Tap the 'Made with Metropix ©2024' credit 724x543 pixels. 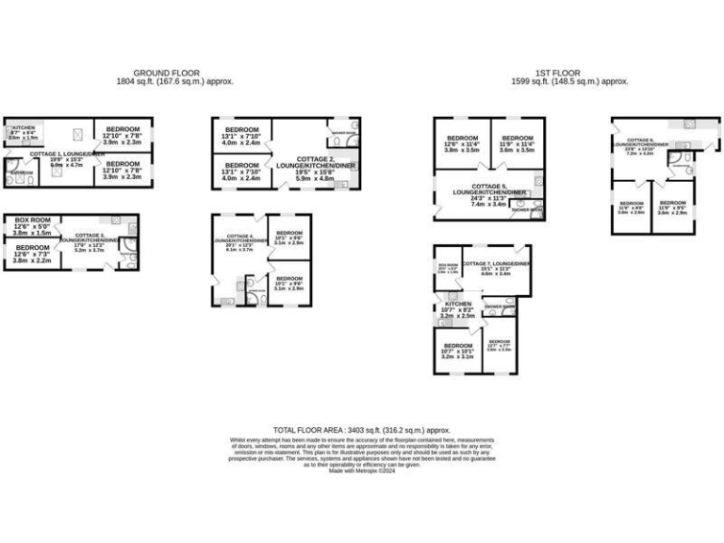[361, 470]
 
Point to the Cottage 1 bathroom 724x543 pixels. [21, 173]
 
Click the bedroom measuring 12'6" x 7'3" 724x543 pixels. [32, 253]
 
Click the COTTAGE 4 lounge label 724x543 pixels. [239, 242]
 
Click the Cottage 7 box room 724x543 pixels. [447, 268]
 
